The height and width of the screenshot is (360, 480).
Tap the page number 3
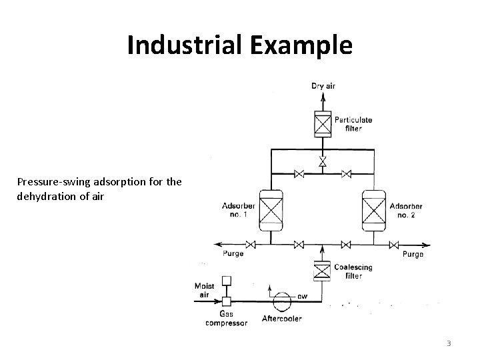click(x=449, y=343)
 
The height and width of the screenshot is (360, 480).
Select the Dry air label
click(x=323, y=86)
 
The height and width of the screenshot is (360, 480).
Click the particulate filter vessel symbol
click(x=323, y=124)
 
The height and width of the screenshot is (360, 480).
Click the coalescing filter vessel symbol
click(x=323, y=271)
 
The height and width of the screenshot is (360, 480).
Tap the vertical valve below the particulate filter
click(x=323, y=162)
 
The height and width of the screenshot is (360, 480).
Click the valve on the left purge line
click(x=252, y=243)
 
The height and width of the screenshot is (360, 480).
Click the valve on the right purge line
click(x=394, y=243)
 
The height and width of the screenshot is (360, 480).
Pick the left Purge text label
click(x=233, y=253)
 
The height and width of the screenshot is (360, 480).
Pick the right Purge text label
click(x=413, y=254)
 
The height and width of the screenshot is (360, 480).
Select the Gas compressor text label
click(x=227, y=319)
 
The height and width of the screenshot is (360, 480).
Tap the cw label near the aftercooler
click(x=302, y=296)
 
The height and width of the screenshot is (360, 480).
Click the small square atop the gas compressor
click(x=227, y=281)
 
